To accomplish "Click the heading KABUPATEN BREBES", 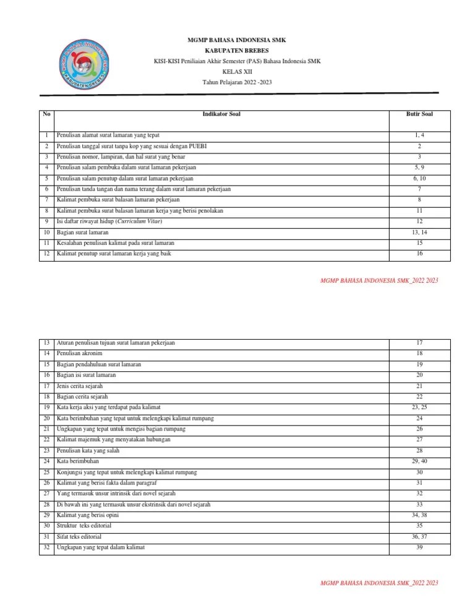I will coord(237,50).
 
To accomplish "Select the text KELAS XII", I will coord(237,72).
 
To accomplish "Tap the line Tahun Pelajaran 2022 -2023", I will coord(237,82).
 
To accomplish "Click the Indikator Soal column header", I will coord(221,114).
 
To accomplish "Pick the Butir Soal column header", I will coord(419,114).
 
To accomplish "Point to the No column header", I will coord(46,114).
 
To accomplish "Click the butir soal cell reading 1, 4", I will coord(419,135).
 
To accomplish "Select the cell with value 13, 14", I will coord(419,233).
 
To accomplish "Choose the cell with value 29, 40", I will coord(419,461).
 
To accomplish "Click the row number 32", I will coord(46,548).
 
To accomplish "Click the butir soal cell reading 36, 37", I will coord(419,537).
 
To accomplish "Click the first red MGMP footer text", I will coord(379,281).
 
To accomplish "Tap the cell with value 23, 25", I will coord(419,408).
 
